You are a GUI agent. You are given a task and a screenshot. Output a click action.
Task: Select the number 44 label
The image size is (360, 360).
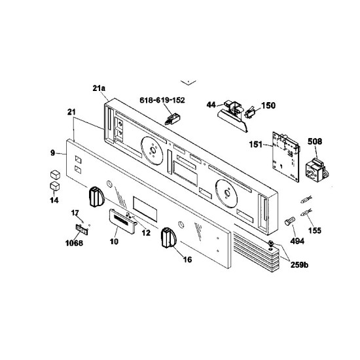pos(211,104)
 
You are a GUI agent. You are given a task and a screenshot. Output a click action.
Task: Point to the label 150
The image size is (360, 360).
pos(268,105)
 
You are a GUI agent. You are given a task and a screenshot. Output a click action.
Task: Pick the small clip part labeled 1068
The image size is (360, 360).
pos(81,228)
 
